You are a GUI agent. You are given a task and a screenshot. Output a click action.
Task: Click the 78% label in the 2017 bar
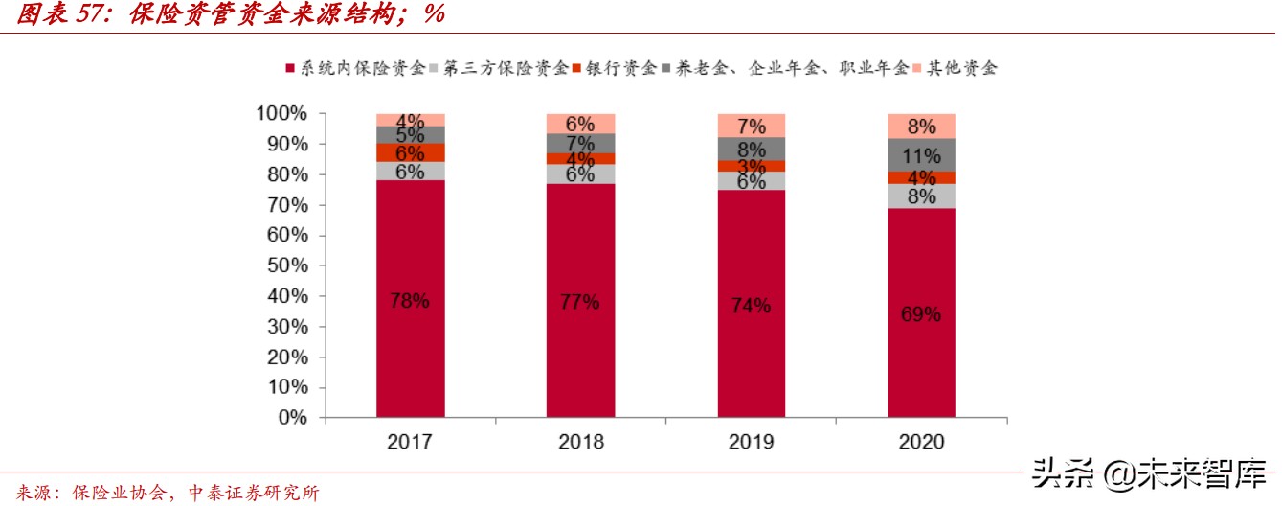409,300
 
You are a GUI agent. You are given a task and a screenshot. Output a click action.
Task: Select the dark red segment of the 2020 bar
921,364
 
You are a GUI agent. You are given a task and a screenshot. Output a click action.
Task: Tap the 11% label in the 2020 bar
921,155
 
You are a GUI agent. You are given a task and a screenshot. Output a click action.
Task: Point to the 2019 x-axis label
751,442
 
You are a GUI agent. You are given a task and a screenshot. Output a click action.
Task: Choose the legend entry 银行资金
616,68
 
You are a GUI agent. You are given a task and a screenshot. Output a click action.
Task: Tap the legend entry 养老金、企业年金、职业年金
787,68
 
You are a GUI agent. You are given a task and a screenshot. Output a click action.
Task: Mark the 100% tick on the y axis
281,114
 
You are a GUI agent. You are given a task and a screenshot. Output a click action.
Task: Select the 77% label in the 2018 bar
580,302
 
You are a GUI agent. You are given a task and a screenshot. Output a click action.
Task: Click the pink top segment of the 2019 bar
751,125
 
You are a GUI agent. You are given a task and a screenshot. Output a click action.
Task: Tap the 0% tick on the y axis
291,419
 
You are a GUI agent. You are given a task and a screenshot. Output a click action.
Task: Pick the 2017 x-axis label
409,442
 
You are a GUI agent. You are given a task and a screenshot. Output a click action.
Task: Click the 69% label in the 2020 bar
921,313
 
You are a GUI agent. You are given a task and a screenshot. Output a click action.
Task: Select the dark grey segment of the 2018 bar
580,143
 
